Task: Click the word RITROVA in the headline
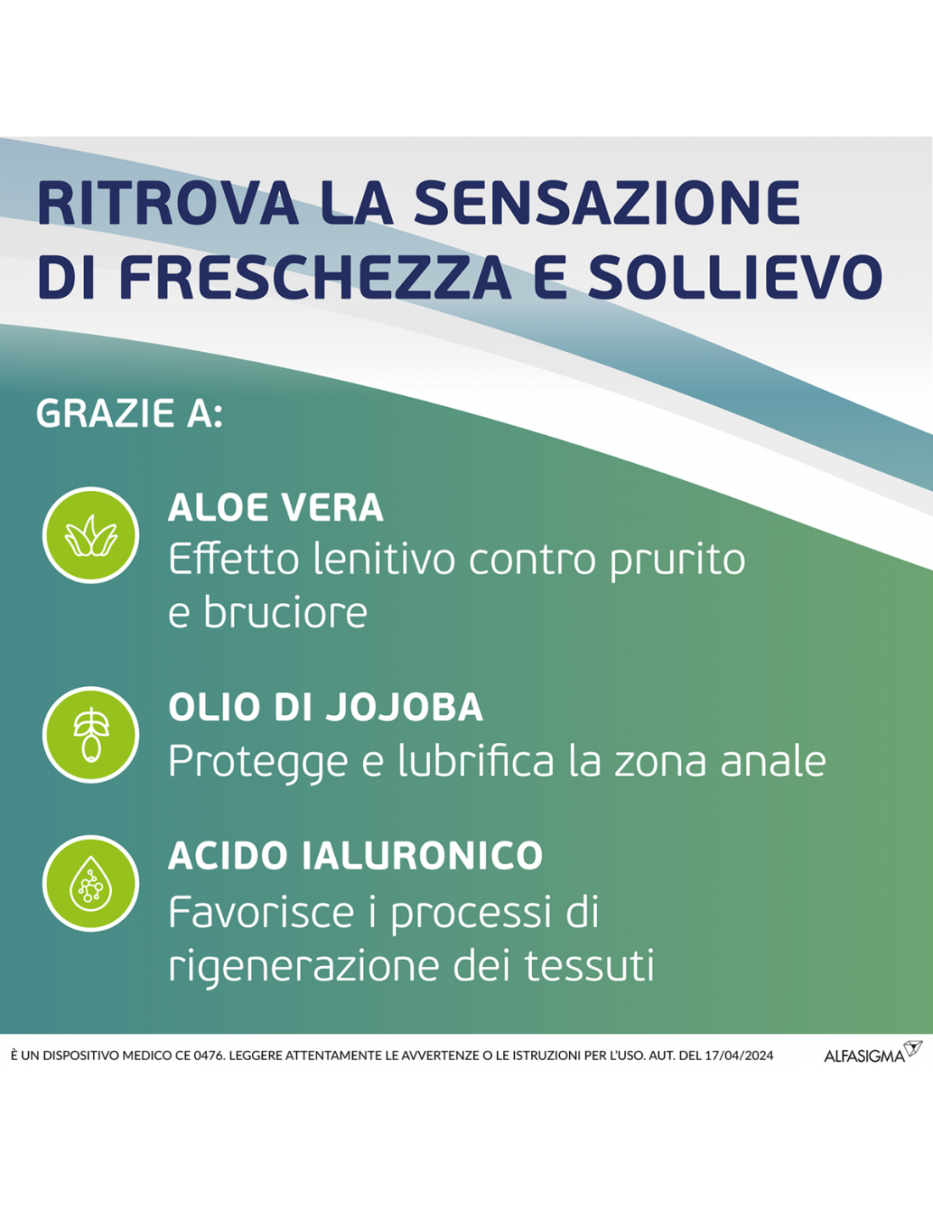[168, 203]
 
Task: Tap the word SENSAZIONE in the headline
[608, 203]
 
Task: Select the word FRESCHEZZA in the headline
[316, 276]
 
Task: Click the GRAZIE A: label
[129, 414]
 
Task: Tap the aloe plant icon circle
[91, 535]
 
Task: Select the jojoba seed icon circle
[91, 734]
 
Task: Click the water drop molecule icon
[91, 884]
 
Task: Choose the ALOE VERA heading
[276, 507]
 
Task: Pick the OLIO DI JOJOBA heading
[326, 707]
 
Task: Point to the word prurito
[677, 561]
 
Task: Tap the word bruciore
[285, 612]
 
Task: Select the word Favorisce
[261, 912]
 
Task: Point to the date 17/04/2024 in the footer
[739, 1056]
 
